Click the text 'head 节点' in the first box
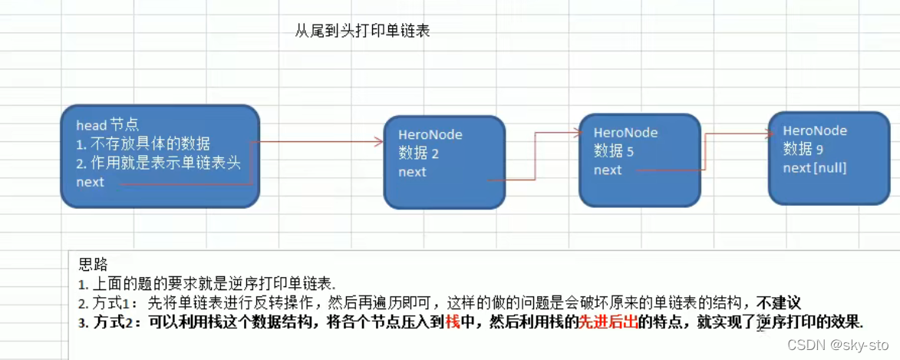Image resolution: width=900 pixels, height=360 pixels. (x=107, y=125)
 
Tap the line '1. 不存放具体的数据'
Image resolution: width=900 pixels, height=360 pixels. (x=143, y=144)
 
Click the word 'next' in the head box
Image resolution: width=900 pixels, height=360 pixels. (x=90, y=182)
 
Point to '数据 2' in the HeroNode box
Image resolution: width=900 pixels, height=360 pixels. (x=418, y=154)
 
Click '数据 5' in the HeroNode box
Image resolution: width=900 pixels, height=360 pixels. (x=614, y=151)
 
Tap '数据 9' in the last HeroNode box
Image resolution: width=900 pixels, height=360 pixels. (x=803, y=149)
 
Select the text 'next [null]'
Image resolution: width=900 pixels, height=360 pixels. (x=815, y=167)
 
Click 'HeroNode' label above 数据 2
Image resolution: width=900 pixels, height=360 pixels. (x=430, y=135)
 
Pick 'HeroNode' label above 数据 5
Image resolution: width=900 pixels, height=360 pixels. (x=625, y=133)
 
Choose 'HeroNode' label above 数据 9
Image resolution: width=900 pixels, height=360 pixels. (x=815, y=130)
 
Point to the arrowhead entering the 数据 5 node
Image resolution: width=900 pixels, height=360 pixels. (x=578, y=133)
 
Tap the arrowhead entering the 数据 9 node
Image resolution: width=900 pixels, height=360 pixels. (x=770, y=133)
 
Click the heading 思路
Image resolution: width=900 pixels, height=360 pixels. (x=93, y=265)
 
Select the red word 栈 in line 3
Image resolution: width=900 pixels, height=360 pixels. (x=452, y=322)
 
